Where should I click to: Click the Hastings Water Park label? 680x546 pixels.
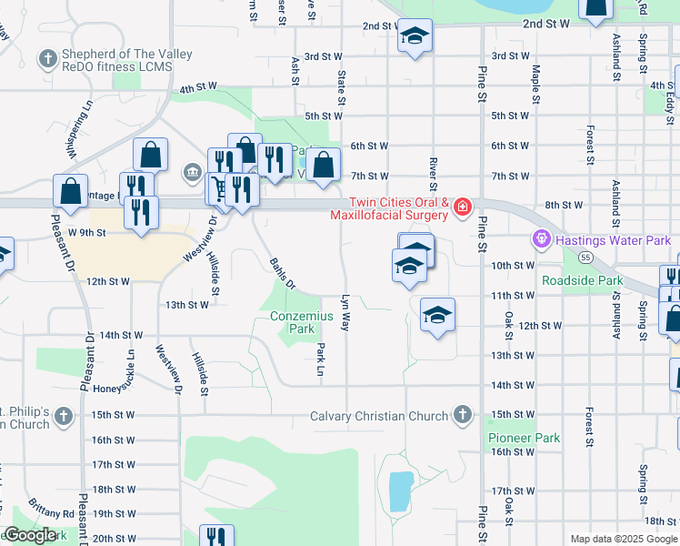(612, 240)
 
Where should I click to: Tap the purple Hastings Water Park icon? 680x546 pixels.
(542, 240)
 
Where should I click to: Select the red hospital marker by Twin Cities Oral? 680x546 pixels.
(463, 207)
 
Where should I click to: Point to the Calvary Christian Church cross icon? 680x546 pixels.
(463, 416)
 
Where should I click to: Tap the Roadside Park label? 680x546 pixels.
(582, 281)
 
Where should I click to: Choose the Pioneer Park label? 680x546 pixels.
(524, 438)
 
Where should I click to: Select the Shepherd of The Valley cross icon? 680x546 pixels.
(47, 60)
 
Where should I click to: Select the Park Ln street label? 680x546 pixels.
(320, 359)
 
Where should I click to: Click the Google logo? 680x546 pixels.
(30, 536)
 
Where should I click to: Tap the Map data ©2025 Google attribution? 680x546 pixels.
(624, 539)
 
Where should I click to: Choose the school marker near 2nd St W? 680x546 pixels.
(415, 36)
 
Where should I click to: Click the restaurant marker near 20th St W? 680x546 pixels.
(216, 537)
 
